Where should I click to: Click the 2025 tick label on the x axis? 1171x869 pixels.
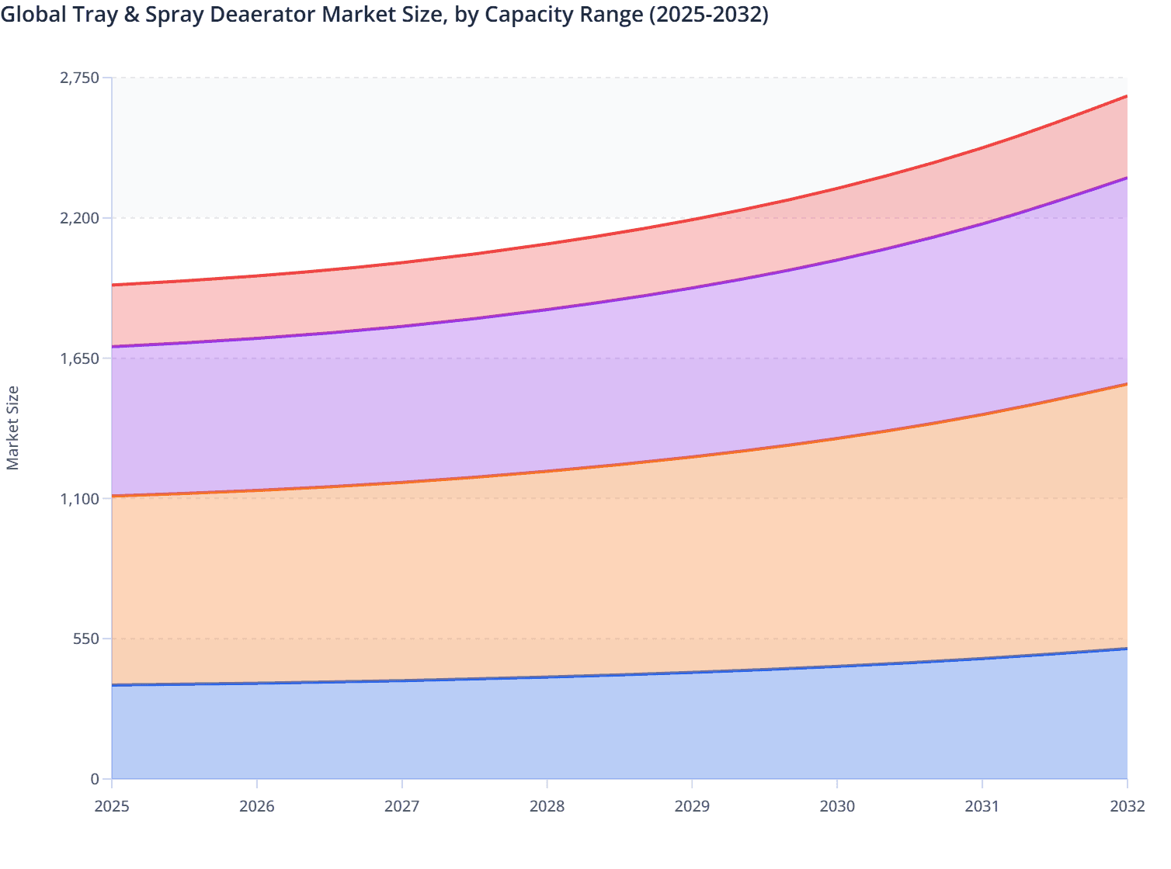(x=112, y=806)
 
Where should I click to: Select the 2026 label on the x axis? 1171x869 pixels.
(x=257, y=806)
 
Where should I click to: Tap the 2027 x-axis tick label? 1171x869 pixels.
(x=402, y=806)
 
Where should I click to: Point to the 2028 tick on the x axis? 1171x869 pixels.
(x=547, y=806)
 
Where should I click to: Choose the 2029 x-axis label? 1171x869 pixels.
(x=692, y=806)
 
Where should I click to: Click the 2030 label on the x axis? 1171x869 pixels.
(x=837, y=806)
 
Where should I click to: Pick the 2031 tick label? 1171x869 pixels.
(x=982, y=806)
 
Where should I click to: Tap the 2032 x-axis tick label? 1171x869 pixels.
(x=1127, y=806)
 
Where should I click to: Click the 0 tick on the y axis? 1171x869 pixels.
(x=95, y=779)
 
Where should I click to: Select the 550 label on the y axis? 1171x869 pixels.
(x=87, y=639)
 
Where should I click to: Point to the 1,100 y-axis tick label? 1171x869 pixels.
(x=80, y=498)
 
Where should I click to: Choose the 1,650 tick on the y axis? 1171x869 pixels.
(x=80, y=358)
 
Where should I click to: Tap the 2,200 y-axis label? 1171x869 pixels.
(x=80, y=218)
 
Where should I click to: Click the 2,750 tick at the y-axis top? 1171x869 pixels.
(x=80, y=78)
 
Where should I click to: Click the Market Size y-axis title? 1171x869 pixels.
(x=12, y=428)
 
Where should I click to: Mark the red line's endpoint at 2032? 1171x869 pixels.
(x=1127, y=96)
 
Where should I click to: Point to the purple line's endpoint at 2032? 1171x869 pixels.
(x=1127, y=178)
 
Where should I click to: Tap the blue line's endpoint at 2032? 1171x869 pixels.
(x=1127, y=649)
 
